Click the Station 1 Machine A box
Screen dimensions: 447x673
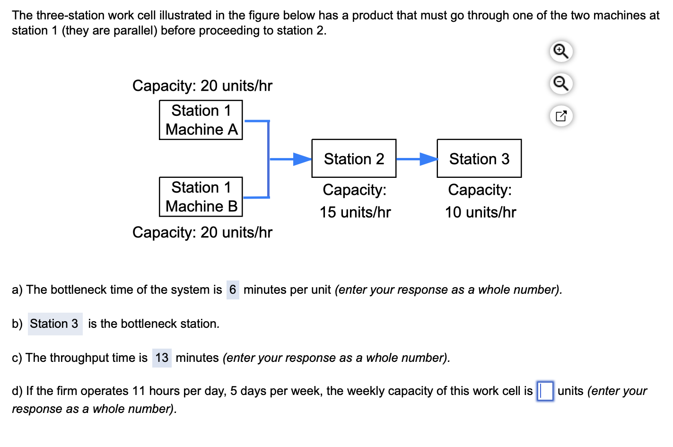coord(201,120)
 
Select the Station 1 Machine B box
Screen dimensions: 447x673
coord(201,197)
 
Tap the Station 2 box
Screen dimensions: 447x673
coord(354,158)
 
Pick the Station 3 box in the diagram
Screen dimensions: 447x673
coord(479,158)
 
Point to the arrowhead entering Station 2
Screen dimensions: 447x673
coord(302,159)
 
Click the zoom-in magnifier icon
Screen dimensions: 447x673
coord(561,51)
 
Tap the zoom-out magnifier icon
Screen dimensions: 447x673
coord(561,84)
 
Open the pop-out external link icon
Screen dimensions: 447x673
coord(561,116)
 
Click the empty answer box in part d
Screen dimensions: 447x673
coord(545,391)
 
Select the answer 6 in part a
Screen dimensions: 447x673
coord(233,289)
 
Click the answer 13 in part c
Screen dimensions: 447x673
coord(162,358)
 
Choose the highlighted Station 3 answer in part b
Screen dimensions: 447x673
coord(54,324)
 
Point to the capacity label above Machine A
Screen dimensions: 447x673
coord(202,86)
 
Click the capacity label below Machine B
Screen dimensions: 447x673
coord(202,232)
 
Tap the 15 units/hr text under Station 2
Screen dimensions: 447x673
coord(355,212)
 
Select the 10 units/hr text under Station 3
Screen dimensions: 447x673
coord(481,212)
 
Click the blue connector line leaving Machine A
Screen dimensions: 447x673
coord(256,121)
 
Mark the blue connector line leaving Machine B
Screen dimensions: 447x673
coord(256,197)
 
